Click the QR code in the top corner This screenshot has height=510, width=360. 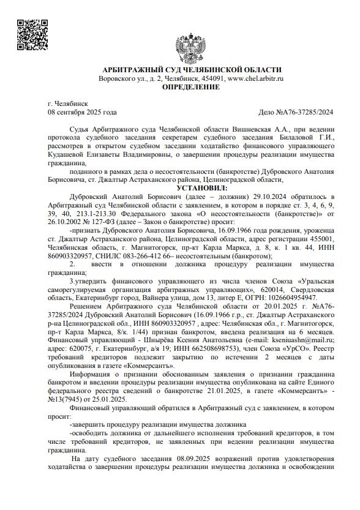tap(31, 35)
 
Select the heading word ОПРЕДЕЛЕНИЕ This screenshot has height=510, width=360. tap(190, 88)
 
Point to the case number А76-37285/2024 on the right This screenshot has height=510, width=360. tap(297, 112)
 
